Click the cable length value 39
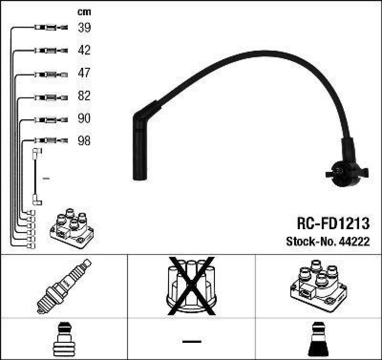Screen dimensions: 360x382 point(84,28)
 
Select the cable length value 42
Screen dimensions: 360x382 point(84,50)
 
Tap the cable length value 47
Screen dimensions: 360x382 point(84,73)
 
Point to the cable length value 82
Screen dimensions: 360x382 point(84,96)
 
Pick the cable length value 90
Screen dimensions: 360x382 point(84,118)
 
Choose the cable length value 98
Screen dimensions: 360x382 point(84,141)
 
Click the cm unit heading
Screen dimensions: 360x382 point(84,12)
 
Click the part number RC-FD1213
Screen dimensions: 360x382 point(333,223)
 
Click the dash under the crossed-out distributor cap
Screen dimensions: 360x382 point(191,341)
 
